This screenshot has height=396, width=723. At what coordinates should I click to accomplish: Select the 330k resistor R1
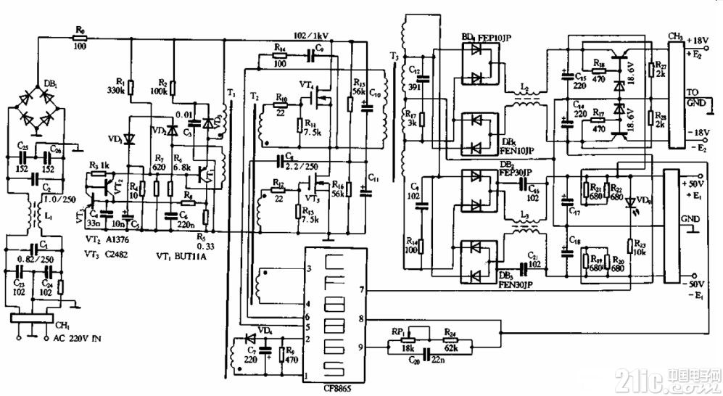[x=131, y=88]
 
